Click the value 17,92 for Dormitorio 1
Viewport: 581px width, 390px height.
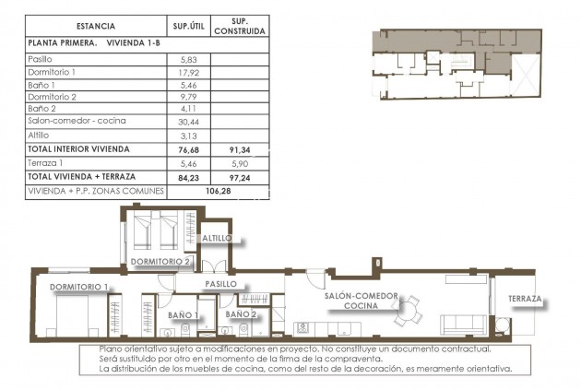[x=187, y=72]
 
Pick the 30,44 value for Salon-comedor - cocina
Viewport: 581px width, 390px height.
[x=187, y=121]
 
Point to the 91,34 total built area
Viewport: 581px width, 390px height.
[x=239, y=148]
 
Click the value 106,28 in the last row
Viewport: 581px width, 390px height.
[x=214, y=191]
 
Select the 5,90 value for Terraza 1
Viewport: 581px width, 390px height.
[x=239, y=162]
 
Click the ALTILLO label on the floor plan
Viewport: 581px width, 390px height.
[x=219, y=238]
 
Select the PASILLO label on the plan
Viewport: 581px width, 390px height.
[x=221, y=284]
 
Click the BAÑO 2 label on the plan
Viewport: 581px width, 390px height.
[x=241, y=313]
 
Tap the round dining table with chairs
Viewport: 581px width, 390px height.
[x=407, y=312]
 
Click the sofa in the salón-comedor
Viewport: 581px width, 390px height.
[x=466, y=324]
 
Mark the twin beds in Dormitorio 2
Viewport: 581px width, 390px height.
[x=153, y=231]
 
